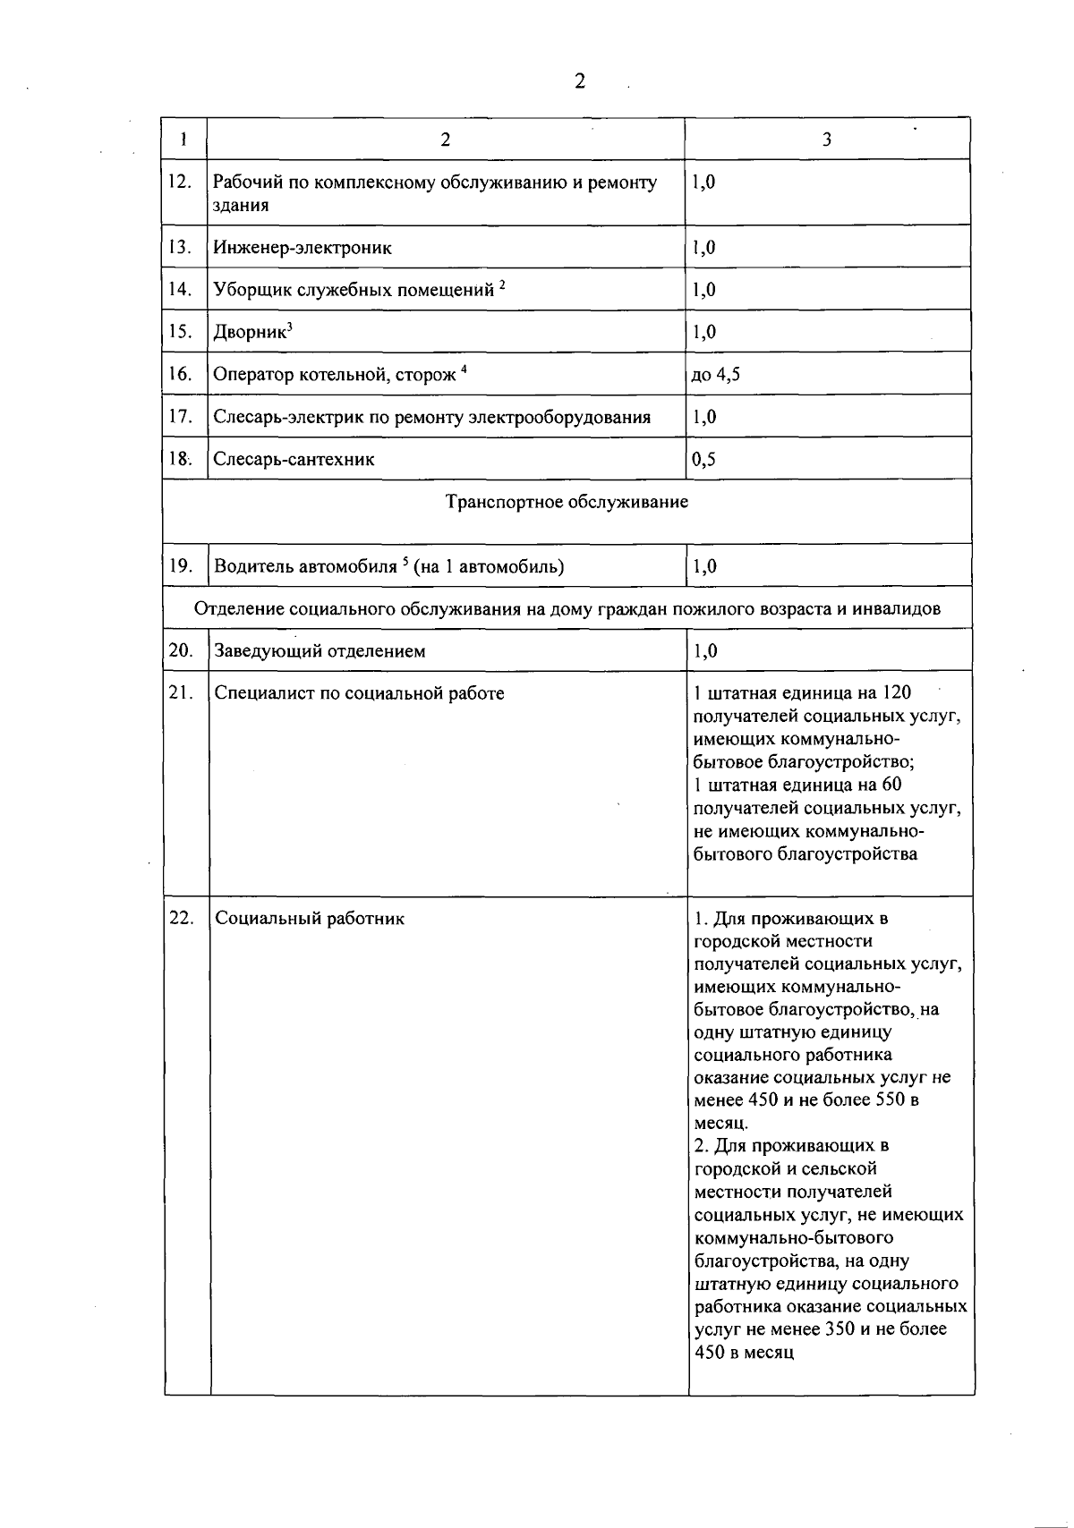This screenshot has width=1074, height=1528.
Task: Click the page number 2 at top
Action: coord(579,82)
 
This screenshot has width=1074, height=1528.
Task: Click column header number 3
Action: coord(826,140)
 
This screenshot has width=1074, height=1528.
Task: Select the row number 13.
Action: coord(180,247)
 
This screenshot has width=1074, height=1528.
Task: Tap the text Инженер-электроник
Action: coord(303,248)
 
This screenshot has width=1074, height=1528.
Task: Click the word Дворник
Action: coord(250,333)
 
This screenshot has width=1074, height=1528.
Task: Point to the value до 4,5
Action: coord(715,375)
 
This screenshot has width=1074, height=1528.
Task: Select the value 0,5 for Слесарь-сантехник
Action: coord(703,460)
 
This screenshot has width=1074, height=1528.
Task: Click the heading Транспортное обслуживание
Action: coord(567,502)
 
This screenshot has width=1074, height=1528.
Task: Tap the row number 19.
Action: coord(181,565)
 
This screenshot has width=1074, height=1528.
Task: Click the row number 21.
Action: coord(181,693)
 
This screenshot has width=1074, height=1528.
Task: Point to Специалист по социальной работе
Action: coord(359,693)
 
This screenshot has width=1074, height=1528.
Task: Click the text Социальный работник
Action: coord(310,919)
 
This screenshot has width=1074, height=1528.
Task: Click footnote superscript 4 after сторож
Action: coord(465,370)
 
